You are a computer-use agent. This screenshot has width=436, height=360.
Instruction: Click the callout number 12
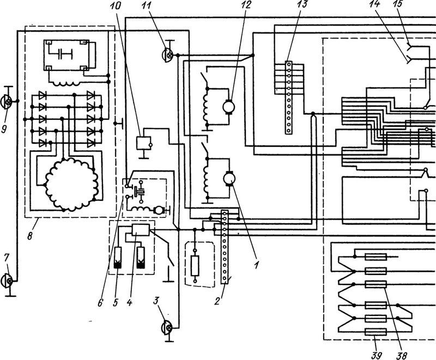[246, 5]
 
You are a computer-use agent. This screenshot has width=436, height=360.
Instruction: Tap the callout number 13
[302, 5]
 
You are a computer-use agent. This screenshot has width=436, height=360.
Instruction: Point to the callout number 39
[376, 355]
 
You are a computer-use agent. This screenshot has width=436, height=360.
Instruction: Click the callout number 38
[402, 355]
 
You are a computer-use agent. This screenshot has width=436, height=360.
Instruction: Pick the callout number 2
[217, 301]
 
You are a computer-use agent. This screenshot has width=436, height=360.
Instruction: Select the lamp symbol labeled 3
[166, 328]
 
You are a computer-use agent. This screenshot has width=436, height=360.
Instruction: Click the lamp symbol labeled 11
[167, 55]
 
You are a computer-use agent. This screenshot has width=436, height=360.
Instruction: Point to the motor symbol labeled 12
[229, 107]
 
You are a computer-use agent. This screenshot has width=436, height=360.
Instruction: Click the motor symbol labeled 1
[229, 178]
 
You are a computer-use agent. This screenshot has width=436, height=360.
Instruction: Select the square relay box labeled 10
[143, 143]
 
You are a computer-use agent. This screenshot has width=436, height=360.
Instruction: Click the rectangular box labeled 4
[141, 230]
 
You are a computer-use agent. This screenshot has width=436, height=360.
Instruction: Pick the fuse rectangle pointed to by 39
[376, 332]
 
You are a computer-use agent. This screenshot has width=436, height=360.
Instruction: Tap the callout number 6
[101, 302]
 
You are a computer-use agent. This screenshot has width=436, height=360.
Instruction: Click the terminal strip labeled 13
[289, 97]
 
